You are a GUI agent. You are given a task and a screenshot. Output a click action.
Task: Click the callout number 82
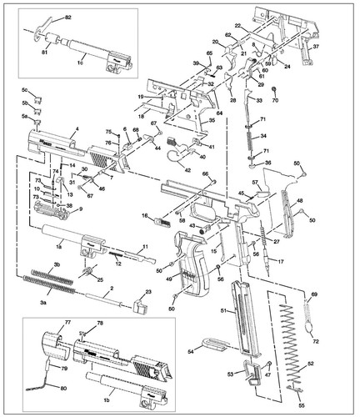click(68, 17)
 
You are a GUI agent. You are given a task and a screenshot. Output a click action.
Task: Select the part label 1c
click(81, 63)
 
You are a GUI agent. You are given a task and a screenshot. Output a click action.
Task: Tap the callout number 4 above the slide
click(77, 128)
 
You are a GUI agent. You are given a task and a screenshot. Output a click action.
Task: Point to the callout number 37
click(316, 48)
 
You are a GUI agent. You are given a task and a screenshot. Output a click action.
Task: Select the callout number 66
click(205, 174)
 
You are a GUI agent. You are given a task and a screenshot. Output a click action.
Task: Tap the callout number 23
click(148, 291)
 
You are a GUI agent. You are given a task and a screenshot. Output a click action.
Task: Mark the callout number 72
click(315, 343)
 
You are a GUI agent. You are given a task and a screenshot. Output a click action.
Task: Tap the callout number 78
click(100, 323)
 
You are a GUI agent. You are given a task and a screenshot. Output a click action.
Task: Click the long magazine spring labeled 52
click(289, 342)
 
